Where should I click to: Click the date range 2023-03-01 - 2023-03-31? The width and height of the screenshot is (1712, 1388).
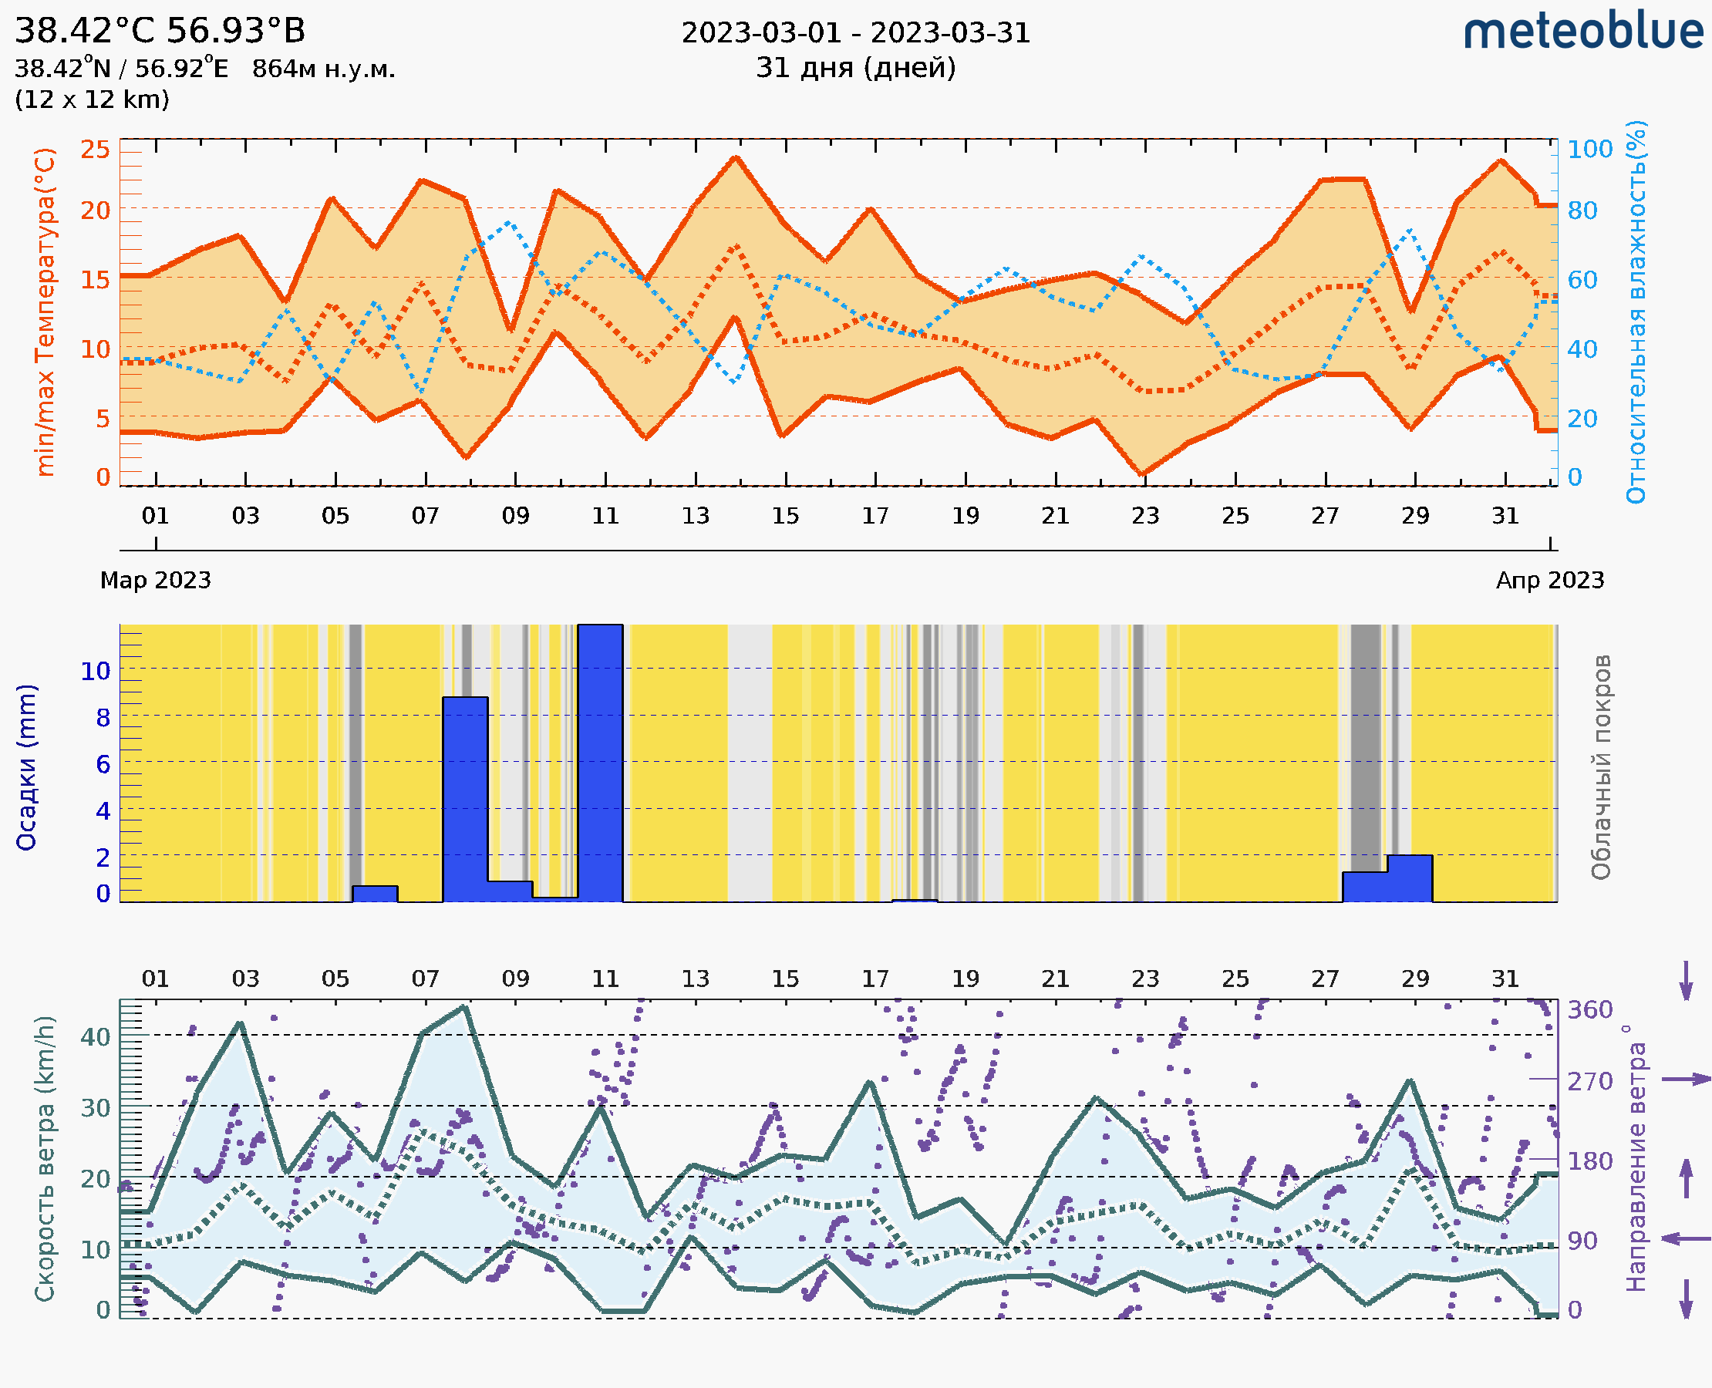[x=855, y=34]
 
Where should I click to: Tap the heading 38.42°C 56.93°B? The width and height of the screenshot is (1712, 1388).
[x=160, y=31]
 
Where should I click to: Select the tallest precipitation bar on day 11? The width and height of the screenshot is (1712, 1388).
[x=600, y=763]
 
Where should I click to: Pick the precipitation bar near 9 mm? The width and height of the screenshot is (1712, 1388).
[x=464, y=799]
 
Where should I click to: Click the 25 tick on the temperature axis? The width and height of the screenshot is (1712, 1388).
[x=95, y=149]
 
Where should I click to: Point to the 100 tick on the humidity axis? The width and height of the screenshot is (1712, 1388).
[x=1589, y=149]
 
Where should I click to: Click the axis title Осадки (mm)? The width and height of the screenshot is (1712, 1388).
[x=26, y=767]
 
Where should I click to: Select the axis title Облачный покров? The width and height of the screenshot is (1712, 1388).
[x=1601, y=767]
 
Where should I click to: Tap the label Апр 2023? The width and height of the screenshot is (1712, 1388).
[x=1550, y=580]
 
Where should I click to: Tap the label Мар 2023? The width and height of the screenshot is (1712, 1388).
[x=155, y=580]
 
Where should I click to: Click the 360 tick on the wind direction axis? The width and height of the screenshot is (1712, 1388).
[x=1589, y=1010]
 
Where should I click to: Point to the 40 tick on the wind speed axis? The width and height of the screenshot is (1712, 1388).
[x=95, y=1037]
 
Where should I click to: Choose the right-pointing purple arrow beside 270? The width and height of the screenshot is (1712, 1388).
[x=1686, y=1080]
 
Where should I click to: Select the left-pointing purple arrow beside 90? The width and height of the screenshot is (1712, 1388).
[x=1686, y=1238]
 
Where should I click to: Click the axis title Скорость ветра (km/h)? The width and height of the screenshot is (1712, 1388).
[x=45, y=1159]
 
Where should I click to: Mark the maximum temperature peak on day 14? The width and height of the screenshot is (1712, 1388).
[x=736, y=157]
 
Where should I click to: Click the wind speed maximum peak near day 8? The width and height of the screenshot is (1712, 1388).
[x=464, y=1007]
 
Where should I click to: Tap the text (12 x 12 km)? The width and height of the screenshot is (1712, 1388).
[x=92, y=99]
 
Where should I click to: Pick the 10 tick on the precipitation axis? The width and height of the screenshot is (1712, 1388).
[x=95, y=671]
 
